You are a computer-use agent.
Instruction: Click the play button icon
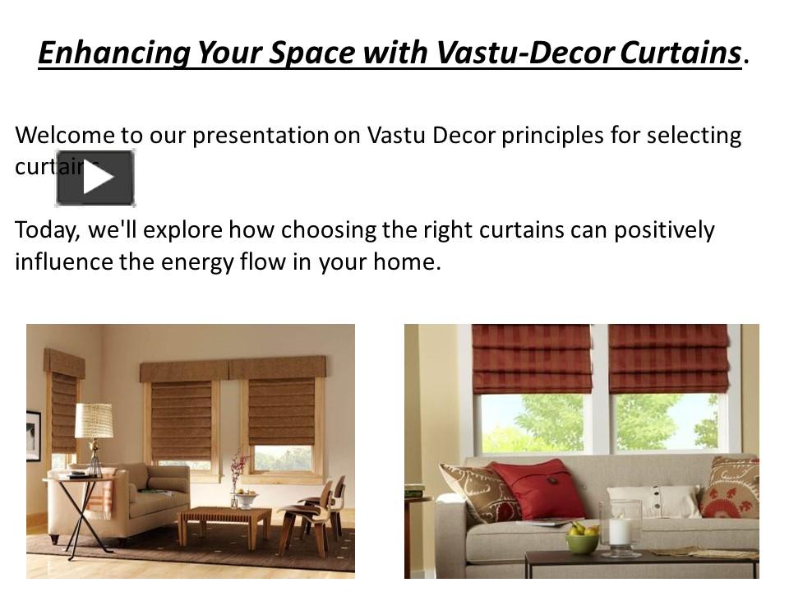95,178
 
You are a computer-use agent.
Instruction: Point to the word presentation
260,136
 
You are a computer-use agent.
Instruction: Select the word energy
189,262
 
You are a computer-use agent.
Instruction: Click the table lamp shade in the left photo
95,420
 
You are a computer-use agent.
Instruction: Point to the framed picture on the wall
33,435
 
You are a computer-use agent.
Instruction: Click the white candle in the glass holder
621,530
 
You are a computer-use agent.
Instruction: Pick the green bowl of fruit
582,539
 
